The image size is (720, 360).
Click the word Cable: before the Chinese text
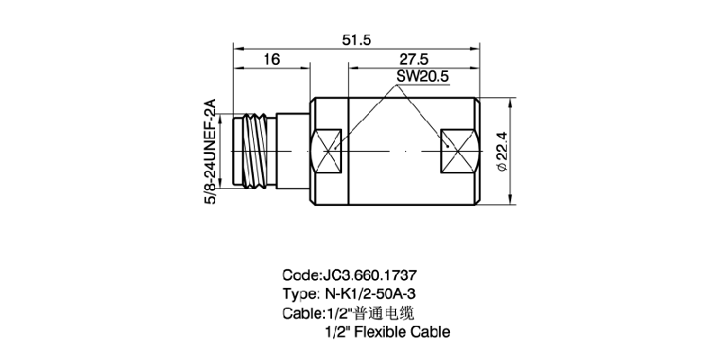click(303, 313)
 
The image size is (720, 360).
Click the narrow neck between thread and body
click(293, 149)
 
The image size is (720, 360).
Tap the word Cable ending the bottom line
click(428, 332)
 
